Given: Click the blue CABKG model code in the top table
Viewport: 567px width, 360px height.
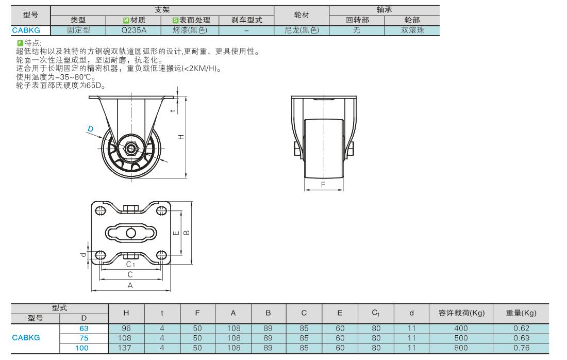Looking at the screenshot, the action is click(26, 30).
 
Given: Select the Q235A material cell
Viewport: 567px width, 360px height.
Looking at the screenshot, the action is click(134, 30).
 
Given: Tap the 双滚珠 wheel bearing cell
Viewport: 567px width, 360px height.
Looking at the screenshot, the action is click(412, 30).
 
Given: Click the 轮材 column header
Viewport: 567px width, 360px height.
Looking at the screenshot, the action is click(302, 15).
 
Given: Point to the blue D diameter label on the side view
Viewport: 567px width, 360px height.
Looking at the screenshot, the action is click(90, 128).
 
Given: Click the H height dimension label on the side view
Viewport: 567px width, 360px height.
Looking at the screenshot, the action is click(181, 137).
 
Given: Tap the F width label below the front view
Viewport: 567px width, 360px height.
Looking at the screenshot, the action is click(323, 185).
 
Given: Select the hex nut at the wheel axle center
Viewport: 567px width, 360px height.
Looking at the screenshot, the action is click(131, 149).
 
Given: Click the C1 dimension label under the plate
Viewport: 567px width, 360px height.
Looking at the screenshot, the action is click(130, 265).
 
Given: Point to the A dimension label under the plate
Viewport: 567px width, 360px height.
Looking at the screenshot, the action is click(130, 285).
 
